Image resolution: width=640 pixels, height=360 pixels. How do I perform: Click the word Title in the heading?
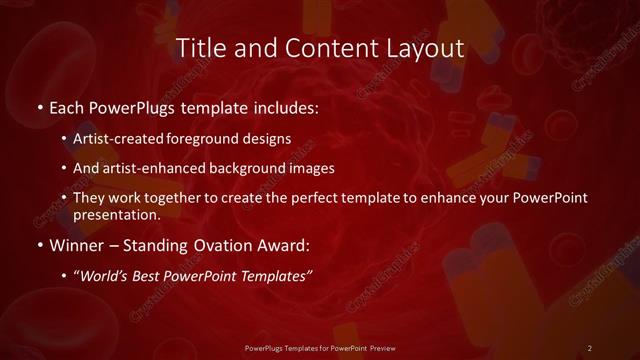199,47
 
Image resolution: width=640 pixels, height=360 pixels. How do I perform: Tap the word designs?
266,138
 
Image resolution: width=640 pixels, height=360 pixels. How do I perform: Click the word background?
251,168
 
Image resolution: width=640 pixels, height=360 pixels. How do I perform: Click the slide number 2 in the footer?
590,347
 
